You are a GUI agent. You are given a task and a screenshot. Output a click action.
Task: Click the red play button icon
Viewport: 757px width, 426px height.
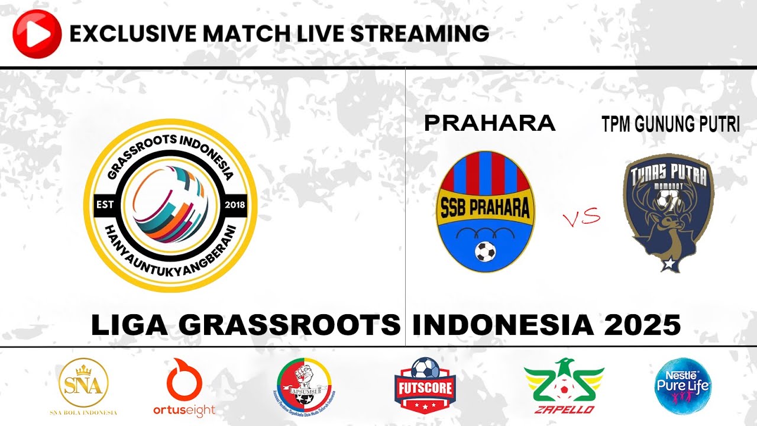point(37,34)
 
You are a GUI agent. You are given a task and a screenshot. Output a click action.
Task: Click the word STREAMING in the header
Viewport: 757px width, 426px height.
point(420,34)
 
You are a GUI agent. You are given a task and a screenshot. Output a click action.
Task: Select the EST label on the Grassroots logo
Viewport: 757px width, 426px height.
point(105,205)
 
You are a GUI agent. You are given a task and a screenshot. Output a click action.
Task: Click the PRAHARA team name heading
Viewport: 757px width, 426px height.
point(490,123)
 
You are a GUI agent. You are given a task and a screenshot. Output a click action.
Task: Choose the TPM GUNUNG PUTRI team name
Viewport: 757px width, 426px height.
point(671,124)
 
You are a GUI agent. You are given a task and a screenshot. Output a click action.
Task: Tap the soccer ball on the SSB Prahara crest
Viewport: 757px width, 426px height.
point(486,252)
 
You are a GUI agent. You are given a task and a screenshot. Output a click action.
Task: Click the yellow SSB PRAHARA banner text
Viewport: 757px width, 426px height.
point(486,208)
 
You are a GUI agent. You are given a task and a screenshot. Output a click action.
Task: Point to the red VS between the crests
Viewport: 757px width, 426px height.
point(581,218)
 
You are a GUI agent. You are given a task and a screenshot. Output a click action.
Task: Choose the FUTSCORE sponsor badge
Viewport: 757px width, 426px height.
point(425,385)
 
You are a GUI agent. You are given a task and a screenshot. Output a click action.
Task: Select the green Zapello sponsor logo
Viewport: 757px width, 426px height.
point(564,386)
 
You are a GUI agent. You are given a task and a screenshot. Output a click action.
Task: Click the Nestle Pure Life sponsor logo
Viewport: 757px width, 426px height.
point(683,385)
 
